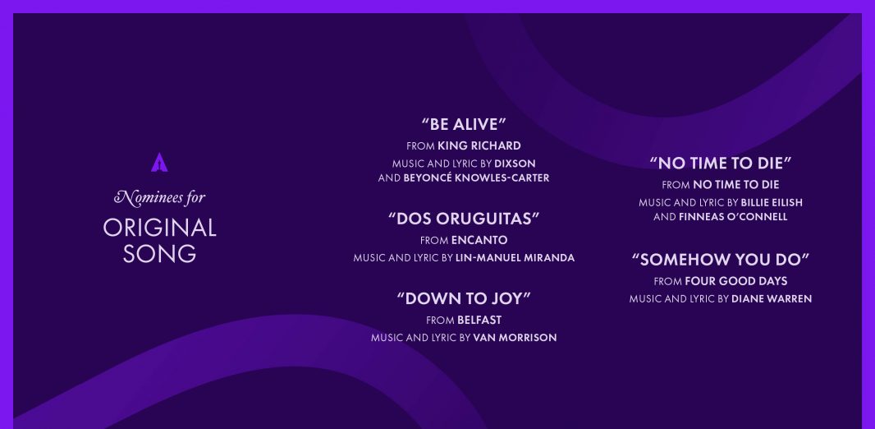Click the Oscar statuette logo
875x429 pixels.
(x=159, y=162)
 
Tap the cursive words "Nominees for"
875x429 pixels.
(x=159, y=197)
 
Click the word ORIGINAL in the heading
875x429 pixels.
(x=159, y=228)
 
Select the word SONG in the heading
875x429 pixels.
(x=159, y=254)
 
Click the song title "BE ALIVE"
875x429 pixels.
(x=464, y=124)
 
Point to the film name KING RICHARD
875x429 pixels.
(x=479, y=145)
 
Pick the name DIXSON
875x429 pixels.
(x=515, y=164)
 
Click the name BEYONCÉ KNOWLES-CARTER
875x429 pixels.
(x=476, y=178)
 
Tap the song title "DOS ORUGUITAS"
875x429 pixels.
(x=464, y=219)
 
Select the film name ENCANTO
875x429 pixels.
(x=479, y=240)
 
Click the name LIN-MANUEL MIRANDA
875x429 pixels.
(x=515, y=258)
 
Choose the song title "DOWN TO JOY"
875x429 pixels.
(x=464, y=298)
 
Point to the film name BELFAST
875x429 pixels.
(x=479, y=320)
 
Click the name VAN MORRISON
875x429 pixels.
(x=515, y=338)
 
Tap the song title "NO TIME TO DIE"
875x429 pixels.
(x=721, y=163)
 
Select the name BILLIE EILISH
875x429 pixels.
(x=772, y=203)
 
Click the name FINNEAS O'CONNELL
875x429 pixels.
(x=733, y=217)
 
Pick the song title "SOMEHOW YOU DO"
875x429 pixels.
(x=721, y=259)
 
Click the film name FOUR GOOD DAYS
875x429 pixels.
(x=736, y=281)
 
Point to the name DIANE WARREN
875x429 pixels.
(x=772, y=299)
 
